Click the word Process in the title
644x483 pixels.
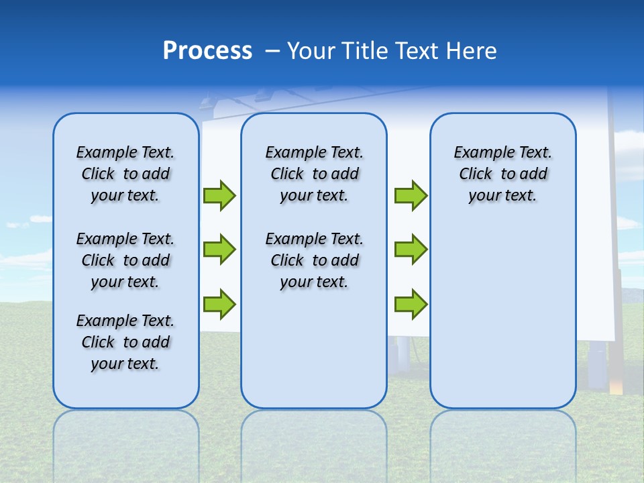[x=207, y=51]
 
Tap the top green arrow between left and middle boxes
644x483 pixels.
[x=219, y=196]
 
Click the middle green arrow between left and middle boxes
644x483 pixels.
[x=219, y=250]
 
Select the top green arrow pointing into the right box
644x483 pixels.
[x=411, y=196]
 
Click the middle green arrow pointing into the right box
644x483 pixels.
[x=411, y=250]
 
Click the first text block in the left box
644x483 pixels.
[x=125, y=174]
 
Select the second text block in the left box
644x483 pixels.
[x=125, y=260]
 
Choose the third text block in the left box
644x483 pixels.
[x=125, y=342]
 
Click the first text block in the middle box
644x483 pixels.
[x=314, y=174]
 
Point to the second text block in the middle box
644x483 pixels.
[x=314, y=260]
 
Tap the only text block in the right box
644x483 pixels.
[x=502, y=174]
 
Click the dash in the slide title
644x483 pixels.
[x=272, y=52]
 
